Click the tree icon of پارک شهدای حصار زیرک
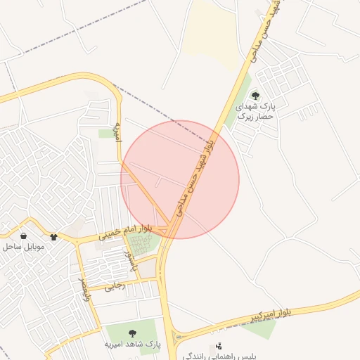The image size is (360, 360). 255,96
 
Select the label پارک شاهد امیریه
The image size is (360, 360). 133,345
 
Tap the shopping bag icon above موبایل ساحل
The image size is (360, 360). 24,236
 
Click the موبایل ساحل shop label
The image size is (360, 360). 24,247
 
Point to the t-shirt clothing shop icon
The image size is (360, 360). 54,236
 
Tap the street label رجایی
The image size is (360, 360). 115,286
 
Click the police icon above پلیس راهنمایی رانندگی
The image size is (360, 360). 219,346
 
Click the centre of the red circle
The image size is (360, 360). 180,180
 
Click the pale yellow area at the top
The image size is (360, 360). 214,32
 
